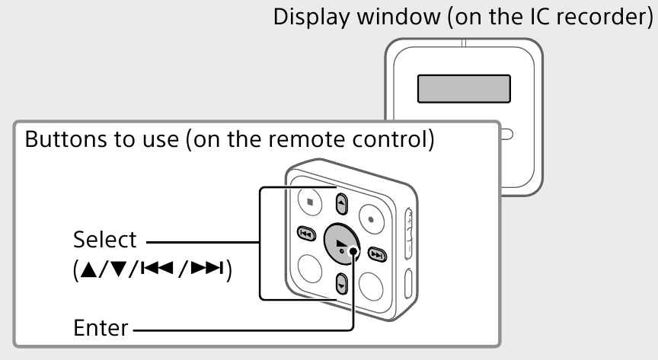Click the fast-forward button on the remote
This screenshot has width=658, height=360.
tap(377, 253)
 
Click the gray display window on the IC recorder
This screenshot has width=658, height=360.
tap(462, 89)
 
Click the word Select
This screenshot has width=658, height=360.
tap(104, 240)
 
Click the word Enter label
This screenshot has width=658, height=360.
tap(101, 330)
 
